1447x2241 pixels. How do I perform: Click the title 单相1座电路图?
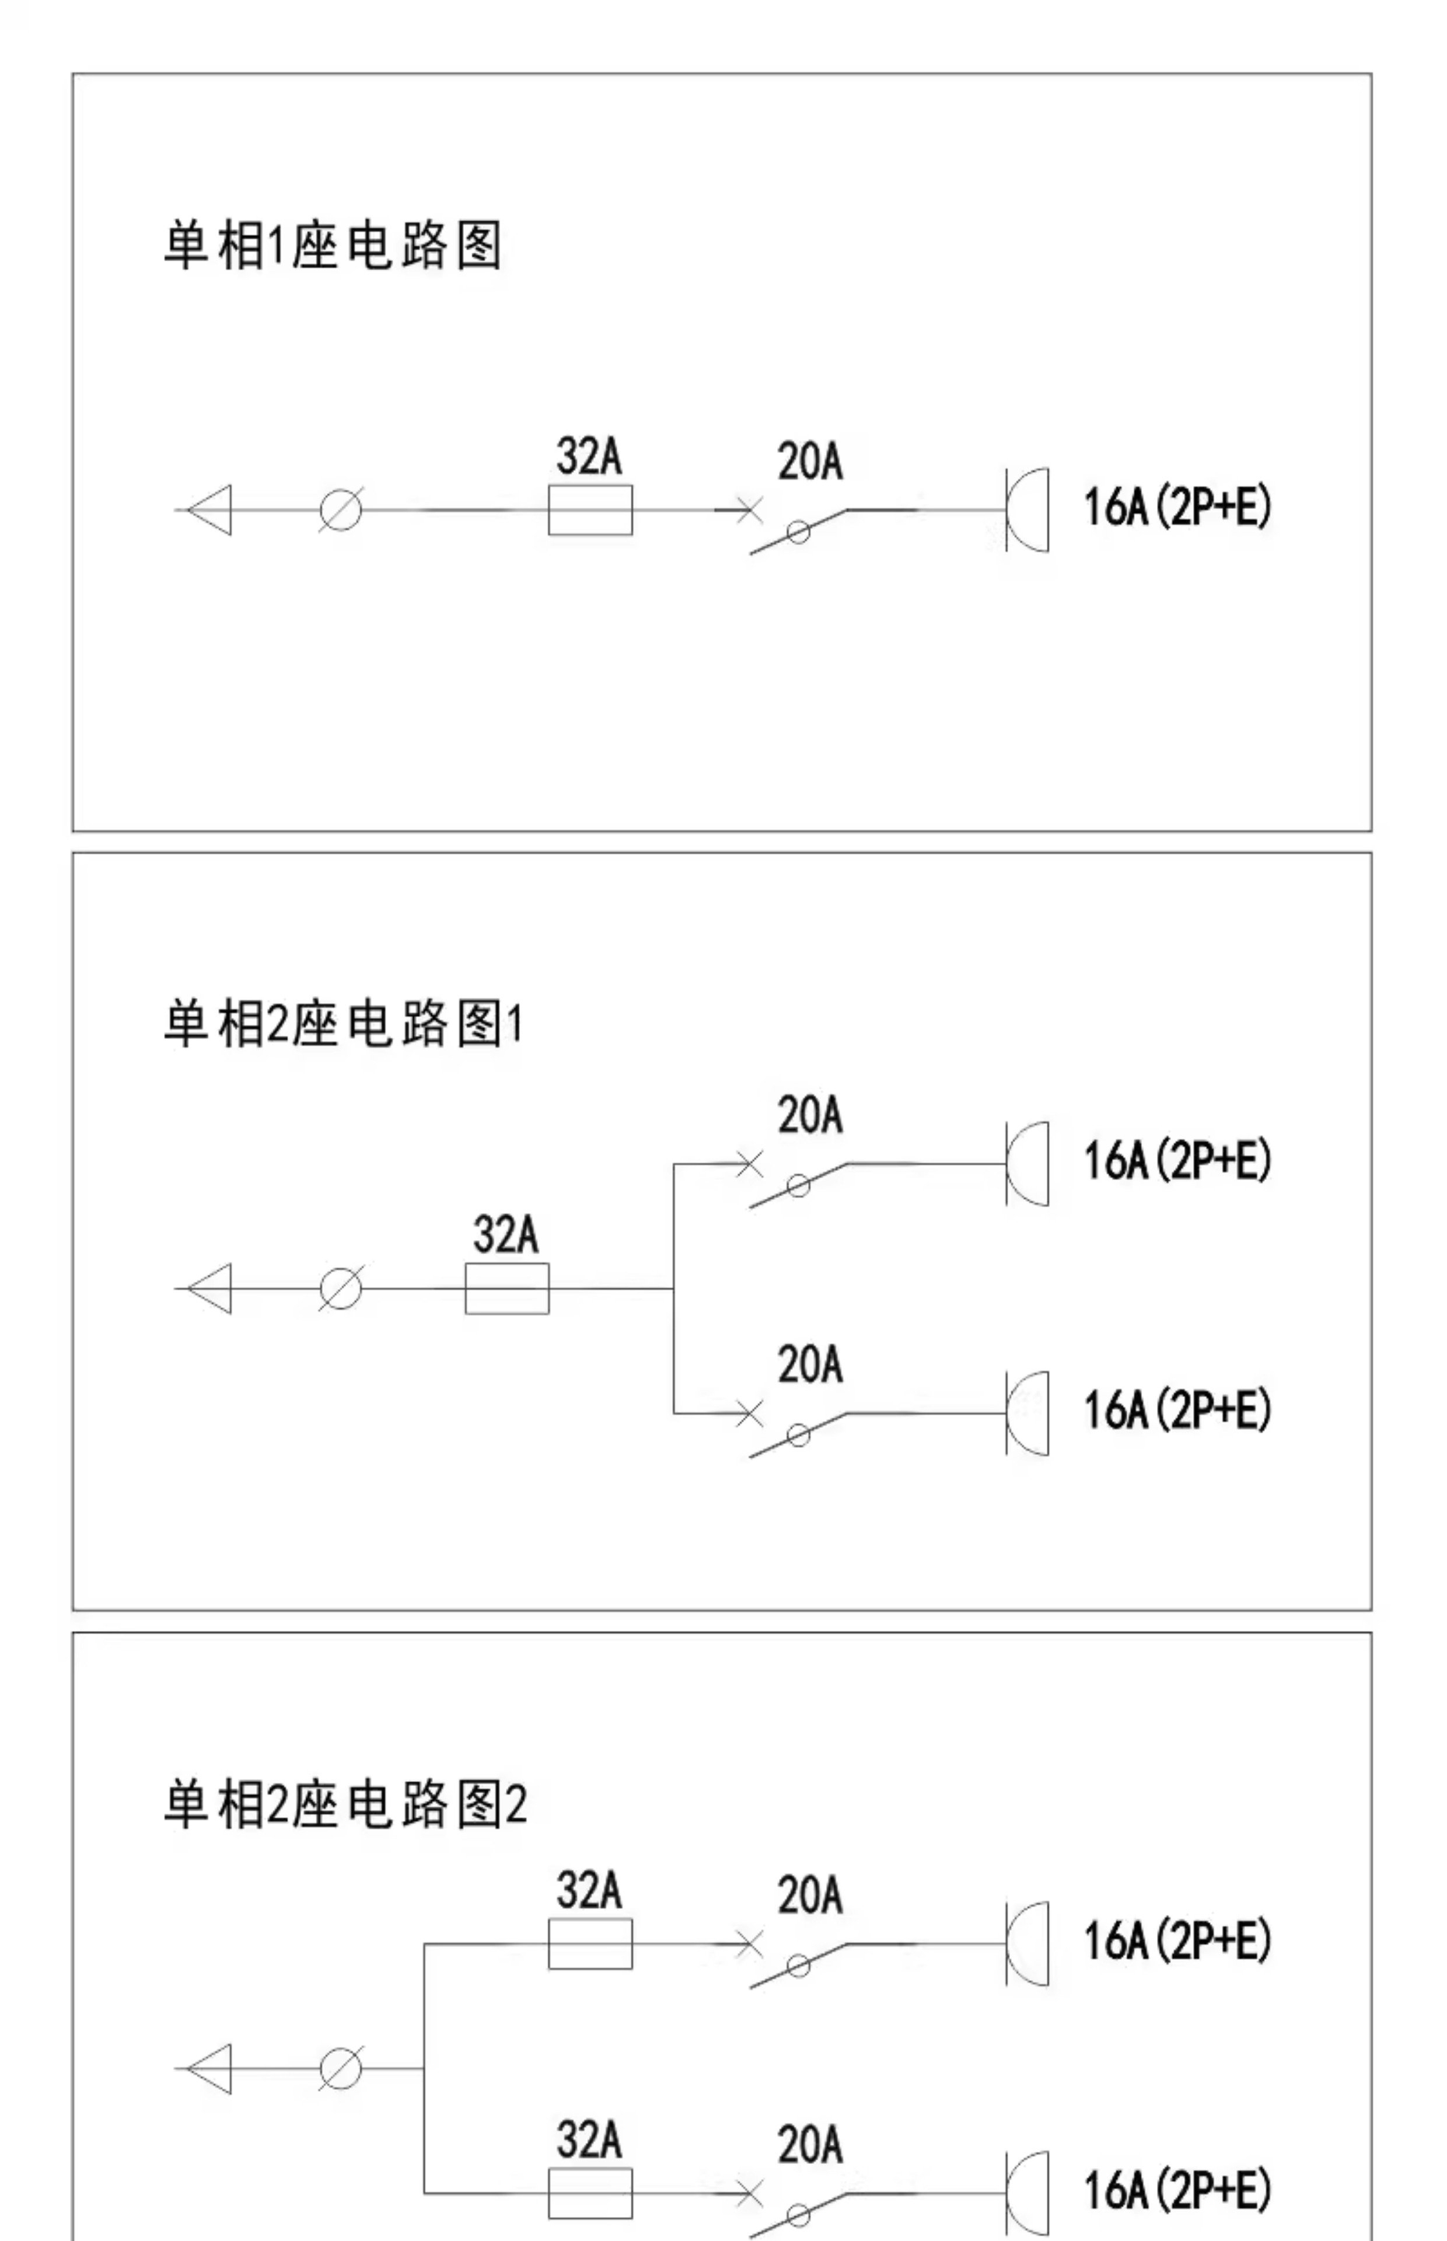coord(333,246)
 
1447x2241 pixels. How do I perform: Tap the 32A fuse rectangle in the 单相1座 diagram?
coord(590,510)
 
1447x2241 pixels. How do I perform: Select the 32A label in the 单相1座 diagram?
coord(589,456)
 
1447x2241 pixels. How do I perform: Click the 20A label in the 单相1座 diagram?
coord(810,462)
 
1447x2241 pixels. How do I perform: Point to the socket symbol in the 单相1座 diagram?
coord(1027,510)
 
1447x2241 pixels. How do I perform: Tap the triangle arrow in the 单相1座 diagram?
coord(209,510)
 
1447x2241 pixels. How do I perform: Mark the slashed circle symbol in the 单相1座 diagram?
coord(340,510)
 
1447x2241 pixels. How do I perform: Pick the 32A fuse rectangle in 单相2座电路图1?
coord(508,1288)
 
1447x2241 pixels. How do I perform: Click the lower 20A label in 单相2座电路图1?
coord(810,1364)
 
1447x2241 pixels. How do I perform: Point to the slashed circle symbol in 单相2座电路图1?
coord(340,1288)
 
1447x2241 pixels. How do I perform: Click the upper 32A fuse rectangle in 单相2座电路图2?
coord(590,1943)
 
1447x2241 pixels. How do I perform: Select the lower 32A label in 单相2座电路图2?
coord(589,2141)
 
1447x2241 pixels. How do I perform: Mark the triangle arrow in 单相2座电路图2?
coord(209,2068)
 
